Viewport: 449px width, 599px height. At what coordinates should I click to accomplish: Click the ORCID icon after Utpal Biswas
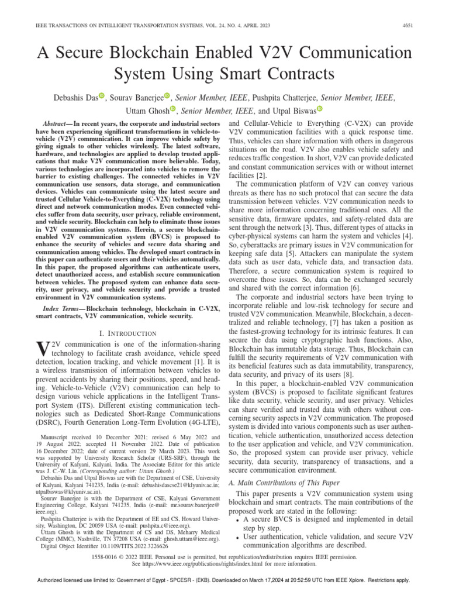(320, 109)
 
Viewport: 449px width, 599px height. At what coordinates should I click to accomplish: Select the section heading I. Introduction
(124, 333)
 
